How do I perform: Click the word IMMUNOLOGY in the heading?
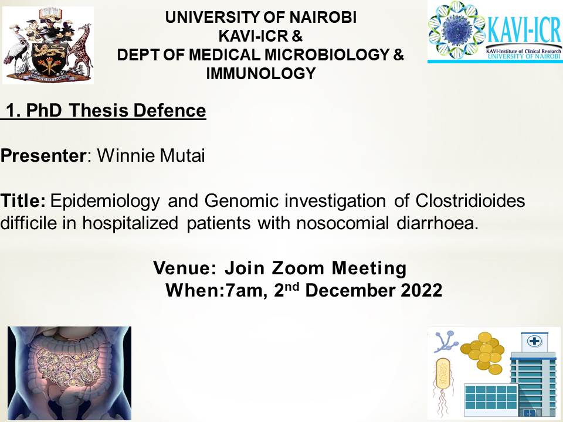point(260,74)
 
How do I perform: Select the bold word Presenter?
point(43,156)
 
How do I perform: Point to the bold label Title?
point(23,200)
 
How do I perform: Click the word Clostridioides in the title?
point(470,200)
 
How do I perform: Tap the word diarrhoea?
point(437,223)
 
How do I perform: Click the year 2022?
point(422,290)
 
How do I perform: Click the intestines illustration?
point(69,373)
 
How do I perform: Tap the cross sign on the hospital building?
point(534,340)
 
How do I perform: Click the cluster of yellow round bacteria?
point(483,352)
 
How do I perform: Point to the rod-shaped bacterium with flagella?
point(443,381)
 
